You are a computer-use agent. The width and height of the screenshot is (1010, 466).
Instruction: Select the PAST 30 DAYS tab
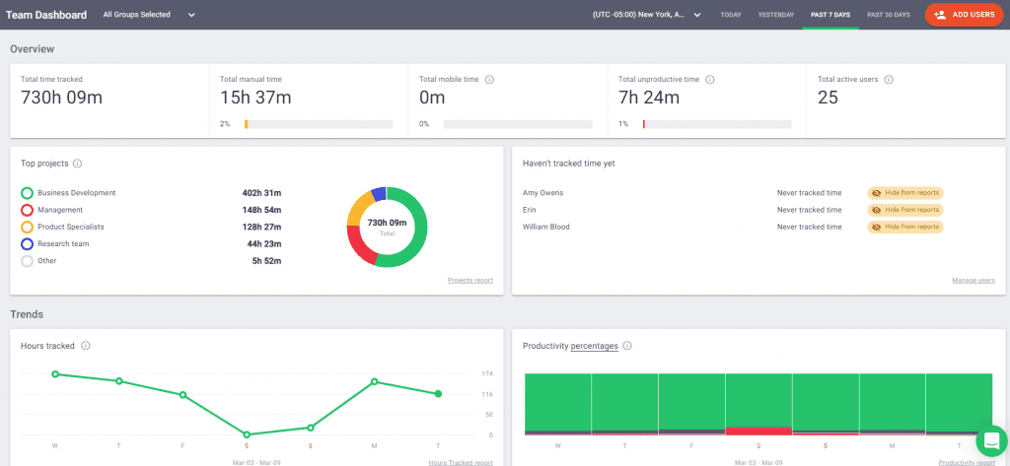click(888, 15)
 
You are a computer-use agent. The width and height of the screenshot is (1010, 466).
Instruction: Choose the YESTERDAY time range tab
click(774, 15)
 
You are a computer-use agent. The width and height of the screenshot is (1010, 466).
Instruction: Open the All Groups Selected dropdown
click(149, 15)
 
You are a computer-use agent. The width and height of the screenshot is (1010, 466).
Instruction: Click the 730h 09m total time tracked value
click(61, 97)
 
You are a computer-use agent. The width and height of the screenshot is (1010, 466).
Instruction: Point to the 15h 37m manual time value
click(255, 97)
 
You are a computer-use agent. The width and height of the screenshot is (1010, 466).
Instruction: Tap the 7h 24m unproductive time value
click(648, 97)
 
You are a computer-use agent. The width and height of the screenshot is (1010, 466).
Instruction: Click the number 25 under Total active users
click(828, 97)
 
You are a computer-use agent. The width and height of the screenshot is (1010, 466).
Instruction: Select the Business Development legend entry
click(76, 193)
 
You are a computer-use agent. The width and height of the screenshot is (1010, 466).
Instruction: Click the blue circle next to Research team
click(28, 243)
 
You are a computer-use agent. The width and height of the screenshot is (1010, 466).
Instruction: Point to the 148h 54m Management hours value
click(261, 210)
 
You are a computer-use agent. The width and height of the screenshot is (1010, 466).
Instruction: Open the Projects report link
click(469, 280)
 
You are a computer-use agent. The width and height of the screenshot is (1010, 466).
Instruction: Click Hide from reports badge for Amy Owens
click(905, 193)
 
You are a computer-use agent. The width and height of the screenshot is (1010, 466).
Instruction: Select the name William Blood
click(545, 227)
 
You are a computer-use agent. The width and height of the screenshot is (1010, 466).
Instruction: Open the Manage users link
click(973, 280)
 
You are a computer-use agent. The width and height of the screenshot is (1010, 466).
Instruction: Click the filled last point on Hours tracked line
click(438, 393)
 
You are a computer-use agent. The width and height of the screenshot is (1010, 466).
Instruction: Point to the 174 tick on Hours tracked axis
click(487, 374)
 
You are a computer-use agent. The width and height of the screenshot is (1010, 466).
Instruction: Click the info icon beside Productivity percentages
click(627, 346)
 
